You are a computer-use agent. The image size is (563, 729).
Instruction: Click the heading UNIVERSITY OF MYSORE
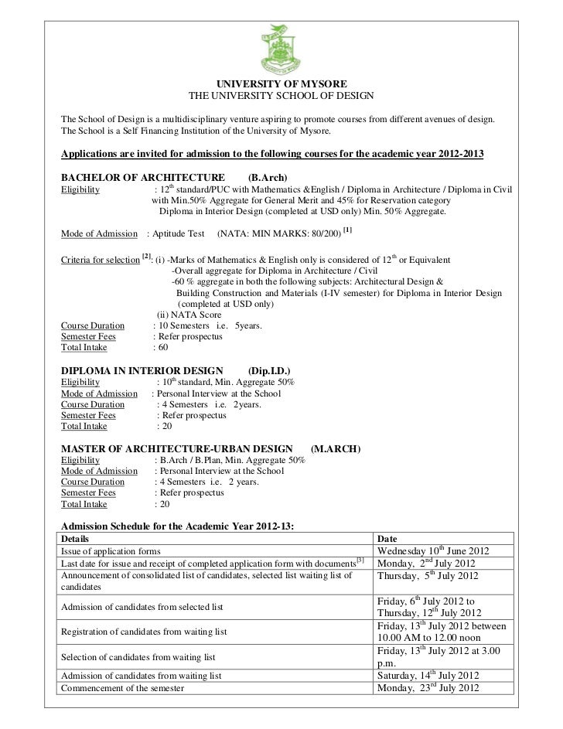tap(281, 83)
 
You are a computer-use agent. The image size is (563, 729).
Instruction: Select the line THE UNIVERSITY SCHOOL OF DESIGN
tap(281, 96)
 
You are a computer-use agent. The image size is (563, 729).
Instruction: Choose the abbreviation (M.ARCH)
tap(335, 448)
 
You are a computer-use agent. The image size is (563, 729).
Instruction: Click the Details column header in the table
tap(75, 538)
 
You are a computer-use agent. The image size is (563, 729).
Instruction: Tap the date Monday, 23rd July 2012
tap(427, 688)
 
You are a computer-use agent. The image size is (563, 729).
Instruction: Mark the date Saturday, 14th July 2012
tap(429, 675)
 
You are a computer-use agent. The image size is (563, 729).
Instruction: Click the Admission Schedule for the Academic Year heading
tap(178, 526)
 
